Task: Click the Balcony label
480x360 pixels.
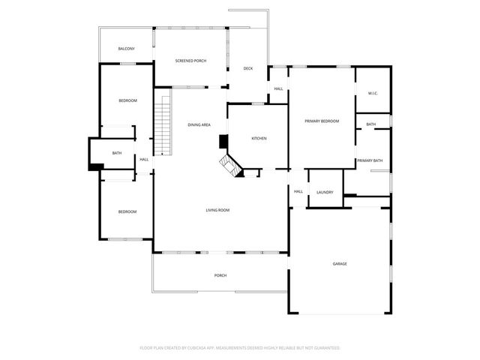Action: [126, 49]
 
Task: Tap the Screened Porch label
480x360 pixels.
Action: [190, 61]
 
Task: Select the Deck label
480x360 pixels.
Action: [248, 68]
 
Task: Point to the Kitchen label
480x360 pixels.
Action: [259, 138]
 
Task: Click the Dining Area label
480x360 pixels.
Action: [199, 124]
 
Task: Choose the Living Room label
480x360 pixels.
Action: [217, 210]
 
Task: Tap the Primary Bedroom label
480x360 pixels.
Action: [322, 121]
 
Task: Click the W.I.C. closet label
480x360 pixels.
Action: [373, 93]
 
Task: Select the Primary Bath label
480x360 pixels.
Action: [370, 160]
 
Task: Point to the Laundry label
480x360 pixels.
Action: [325, 192]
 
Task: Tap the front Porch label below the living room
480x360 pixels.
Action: [220, 275]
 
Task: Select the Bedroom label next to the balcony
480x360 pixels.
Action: [127, 100]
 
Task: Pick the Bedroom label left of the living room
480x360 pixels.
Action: [127, 211]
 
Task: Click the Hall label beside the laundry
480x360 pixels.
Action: [298, 192]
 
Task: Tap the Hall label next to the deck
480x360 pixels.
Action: [278, 89]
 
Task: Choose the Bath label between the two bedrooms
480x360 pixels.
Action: [117, 153]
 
